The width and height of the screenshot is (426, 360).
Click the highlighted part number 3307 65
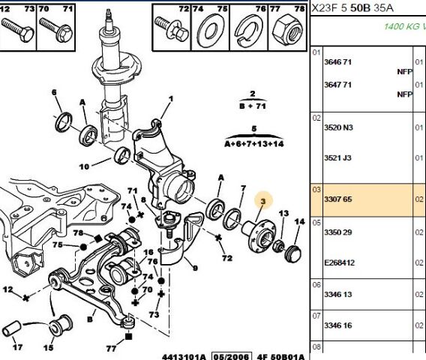(x=337, y=199)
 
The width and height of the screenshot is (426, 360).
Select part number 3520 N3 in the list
(x=338, y=127)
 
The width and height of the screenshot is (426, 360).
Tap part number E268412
(x=340, y=262)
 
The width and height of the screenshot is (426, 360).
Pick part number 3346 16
(x=337, y=325)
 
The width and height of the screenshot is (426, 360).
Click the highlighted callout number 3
(x=262, y=201)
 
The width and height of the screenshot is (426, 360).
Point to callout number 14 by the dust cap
(x=300, y=222)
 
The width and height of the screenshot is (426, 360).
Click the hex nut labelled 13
(x=278, y=245)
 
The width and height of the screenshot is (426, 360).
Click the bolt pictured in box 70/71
(x=55, y=29)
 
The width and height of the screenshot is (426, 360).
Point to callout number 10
(x=84, y=166)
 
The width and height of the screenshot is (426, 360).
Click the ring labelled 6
(x=64, y=121)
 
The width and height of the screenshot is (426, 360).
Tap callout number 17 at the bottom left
(x=18, y=347)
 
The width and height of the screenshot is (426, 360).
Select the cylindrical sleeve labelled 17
(x=11, y=328)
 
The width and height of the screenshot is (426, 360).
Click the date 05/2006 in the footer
(x=232, y=356)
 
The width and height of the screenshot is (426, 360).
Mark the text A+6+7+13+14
(x=254, y=143)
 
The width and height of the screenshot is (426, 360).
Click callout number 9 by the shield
(x=195, y=268)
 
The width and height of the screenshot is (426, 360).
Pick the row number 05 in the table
(x=316, y=223)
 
